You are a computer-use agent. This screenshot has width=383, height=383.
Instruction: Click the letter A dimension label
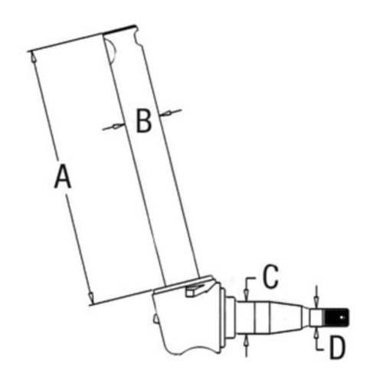pos(62,177)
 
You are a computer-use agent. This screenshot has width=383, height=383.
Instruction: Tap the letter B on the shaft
pos(143,120)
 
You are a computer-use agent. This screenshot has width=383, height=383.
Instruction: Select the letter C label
pos(270,277)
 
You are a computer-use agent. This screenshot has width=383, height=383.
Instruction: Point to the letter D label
pos(338,349)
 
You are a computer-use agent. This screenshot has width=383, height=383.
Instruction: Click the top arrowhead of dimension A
pos(31,55)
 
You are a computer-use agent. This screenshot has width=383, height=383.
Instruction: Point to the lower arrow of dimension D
pos(316,329)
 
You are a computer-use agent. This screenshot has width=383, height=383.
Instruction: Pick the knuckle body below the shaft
pos(188,322)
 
